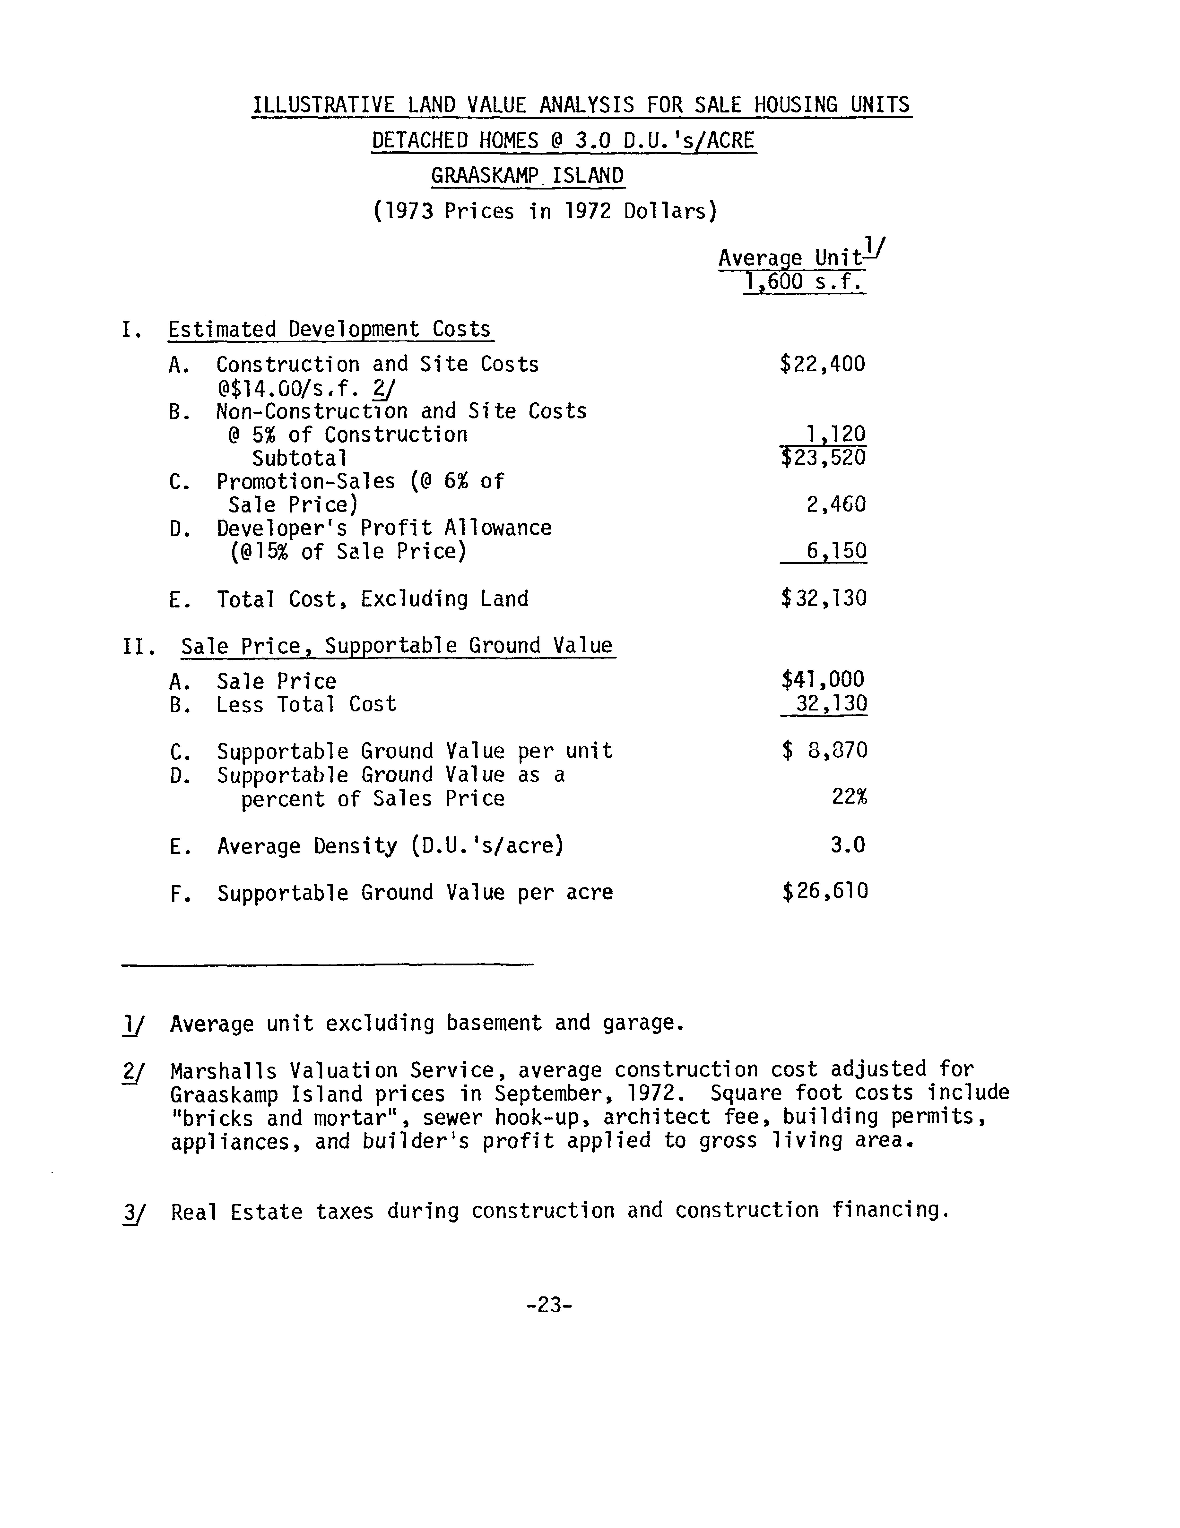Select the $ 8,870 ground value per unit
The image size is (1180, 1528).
(824, 751)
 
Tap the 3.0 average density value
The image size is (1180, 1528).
(848, 845)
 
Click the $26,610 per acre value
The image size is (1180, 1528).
(825, 891)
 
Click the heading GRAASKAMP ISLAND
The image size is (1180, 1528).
(527, 176)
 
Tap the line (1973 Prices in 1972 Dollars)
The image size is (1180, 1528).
(545, 211)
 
